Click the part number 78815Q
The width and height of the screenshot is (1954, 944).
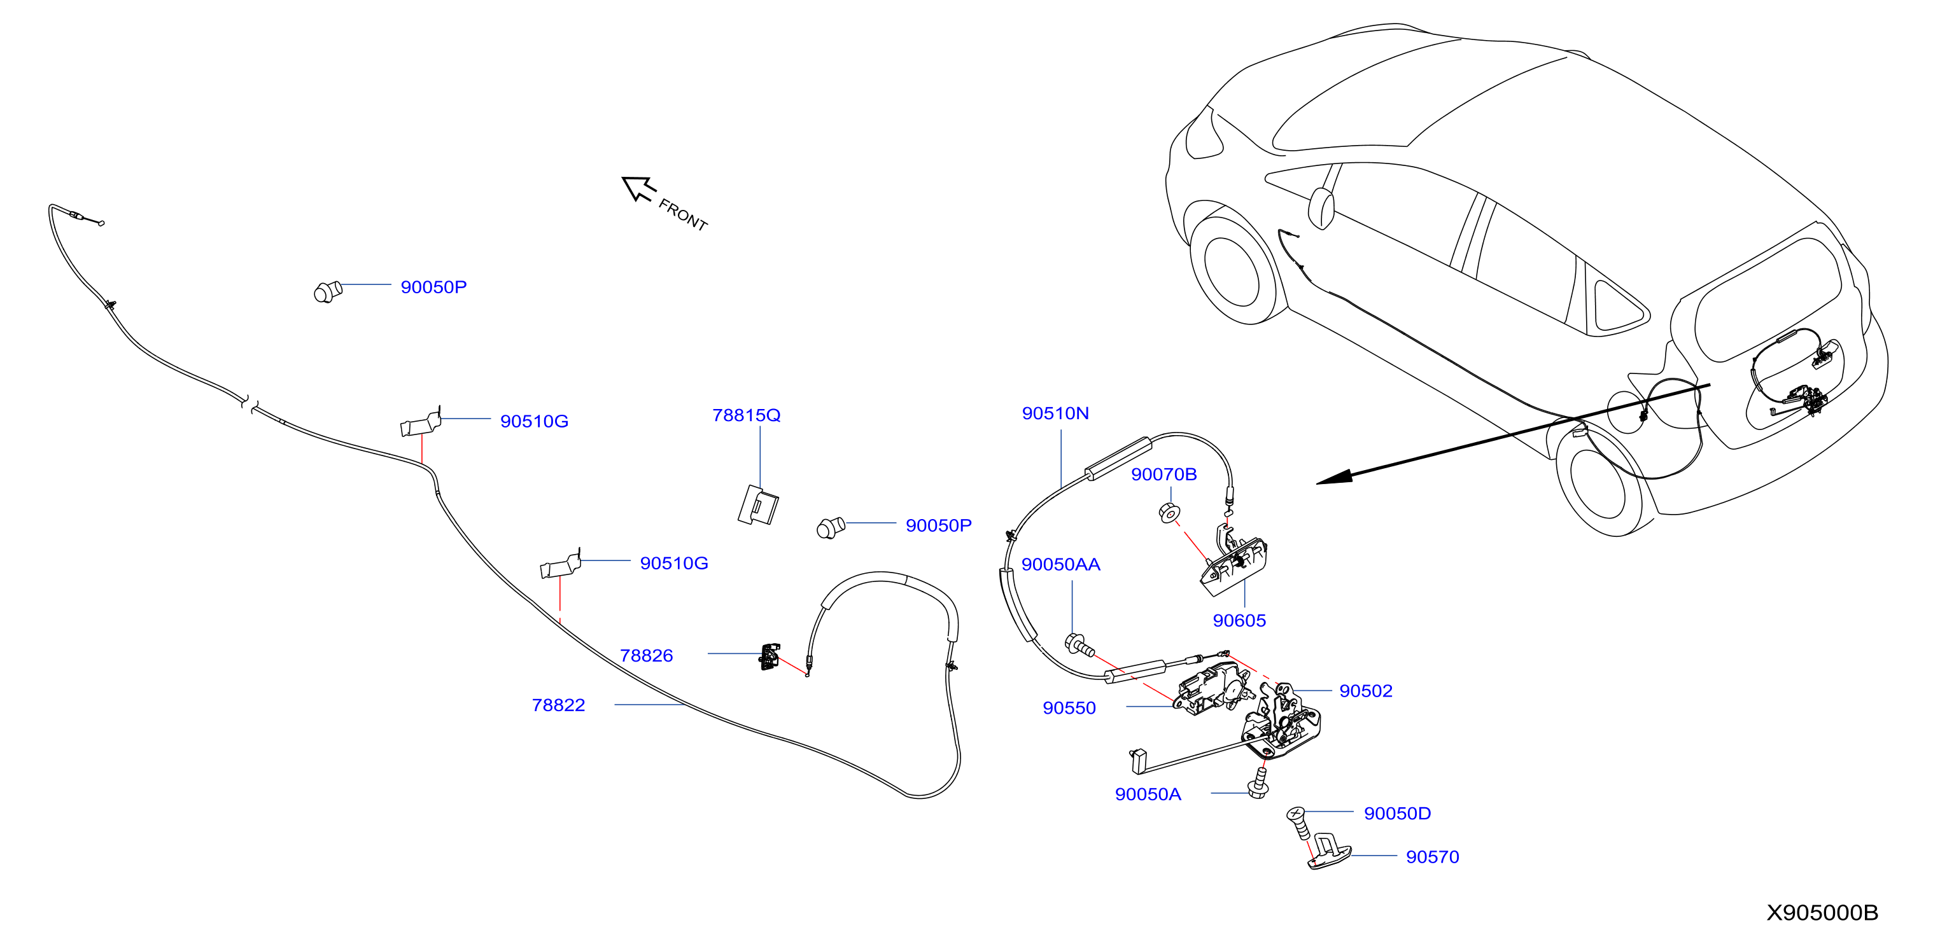click(x=746, y=415)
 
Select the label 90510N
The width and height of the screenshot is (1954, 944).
click(x=1055, y=413)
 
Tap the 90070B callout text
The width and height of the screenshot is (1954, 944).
click(x=1163, y=475)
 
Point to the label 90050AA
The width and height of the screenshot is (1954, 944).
click(x=1060, y=565)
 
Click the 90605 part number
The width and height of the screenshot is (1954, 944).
click(x=1239, y=621)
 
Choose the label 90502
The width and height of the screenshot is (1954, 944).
click(x=1365, y=691)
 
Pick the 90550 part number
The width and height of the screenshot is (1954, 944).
click(x=1069, y=708)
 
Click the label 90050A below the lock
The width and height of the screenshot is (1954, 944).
click(x=1148, y=795)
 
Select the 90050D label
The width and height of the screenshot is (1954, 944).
click(x=1397, y=814)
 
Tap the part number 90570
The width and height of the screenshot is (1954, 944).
click(x=1432, y=857)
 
